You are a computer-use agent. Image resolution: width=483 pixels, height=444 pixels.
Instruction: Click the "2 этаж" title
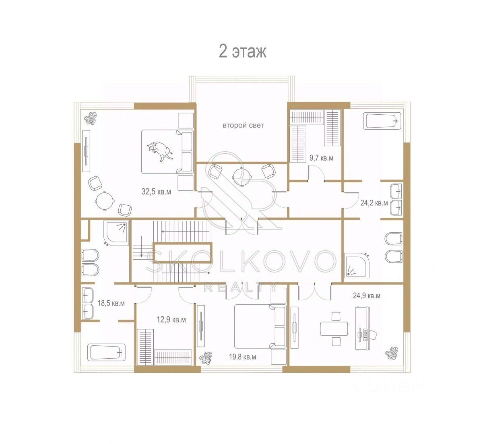coord(242,51)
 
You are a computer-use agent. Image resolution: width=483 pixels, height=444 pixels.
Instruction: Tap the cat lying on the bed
coord(160,151)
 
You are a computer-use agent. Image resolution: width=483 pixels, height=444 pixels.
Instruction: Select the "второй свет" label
coord(243,126)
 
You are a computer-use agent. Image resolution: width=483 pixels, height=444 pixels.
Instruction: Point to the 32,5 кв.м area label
coord(156,192)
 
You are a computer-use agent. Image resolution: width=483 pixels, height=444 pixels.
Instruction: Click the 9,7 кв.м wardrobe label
coord(321,158)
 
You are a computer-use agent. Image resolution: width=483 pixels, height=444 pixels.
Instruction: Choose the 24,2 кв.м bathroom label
coord(374,203)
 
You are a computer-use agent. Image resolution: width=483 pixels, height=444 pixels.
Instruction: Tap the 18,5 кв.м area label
coord(111,303)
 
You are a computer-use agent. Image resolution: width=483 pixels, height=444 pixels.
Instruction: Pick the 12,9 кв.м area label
coord(171,320)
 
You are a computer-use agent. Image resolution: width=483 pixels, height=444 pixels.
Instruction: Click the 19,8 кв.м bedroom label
coord(242,357)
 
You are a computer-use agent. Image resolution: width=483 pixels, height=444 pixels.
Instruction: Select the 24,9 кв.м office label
coord(367,295)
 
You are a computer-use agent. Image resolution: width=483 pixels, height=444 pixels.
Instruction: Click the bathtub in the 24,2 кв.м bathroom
coord(382,121)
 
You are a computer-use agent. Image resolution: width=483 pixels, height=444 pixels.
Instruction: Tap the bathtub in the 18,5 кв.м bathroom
coord(107,352)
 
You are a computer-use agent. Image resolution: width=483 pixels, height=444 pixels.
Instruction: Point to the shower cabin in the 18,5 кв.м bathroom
coord(116,233)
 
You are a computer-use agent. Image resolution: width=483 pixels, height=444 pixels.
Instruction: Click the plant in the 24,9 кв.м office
coord(391,353)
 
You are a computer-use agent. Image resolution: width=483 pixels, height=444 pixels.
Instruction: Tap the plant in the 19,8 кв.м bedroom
coord(206,358)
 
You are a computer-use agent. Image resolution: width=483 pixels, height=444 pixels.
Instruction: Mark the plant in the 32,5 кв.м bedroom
coord(90,118)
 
